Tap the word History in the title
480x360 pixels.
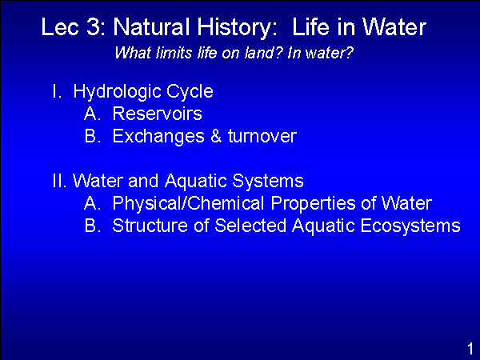237,28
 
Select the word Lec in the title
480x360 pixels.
60,27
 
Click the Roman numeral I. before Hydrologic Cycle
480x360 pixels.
57,91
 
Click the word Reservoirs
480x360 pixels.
158,114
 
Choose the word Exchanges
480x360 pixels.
158,137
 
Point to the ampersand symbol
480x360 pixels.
216,136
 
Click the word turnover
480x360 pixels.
262,136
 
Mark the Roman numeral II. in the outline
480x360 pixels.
59,181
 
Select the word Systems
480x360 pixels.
268,182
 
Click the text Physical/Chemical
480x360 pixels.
188,203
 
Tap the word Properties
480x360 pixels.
313,204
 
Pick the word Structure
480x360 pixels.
150,226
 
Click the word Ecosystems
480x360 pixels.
410,226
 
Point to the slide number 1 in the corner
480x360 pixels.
470,349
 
